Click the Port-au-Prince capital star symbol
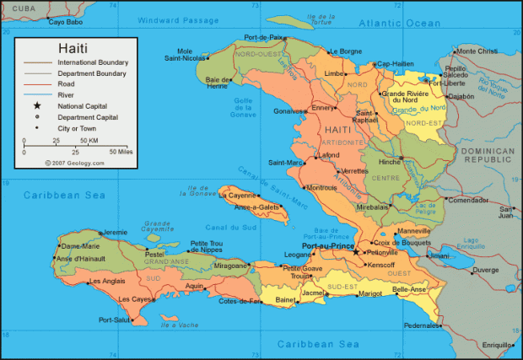(x=356, y=251)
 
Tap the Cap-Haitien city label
(x=395, y=63)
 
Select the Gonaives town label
(x=288, y=110)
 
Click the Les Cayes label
(x=135, y=299)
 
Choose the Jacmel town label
(x=313, y=293)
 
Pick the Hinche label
(x=389, y=161)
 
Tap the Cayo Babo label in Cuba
(x=65, y=23)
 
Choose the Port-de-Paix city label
(x=263, y=37)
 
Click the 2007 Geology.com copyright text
(x=74, y=164)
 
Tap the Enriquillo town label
(x=496, y=345)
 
